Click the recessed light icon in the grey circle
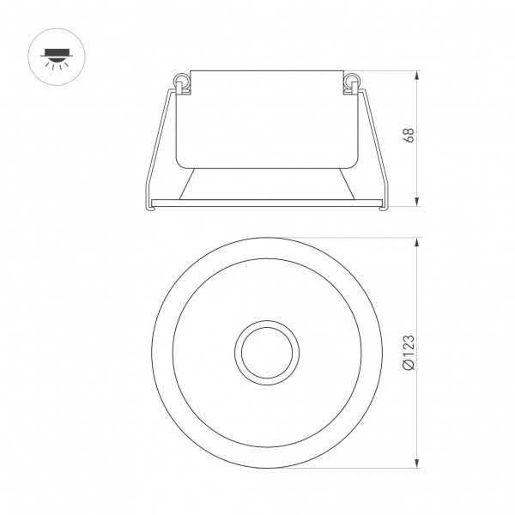point(54,57)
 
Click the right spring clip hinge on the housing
point(350,82)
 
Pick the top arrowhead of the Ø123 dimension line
point(417,241)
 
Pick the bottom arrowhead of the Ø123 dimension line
point(417,464)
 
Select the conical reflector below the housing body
point(265,182)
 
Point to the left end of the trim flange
point(146,203)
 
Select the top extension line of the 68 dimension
point(386,70)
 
